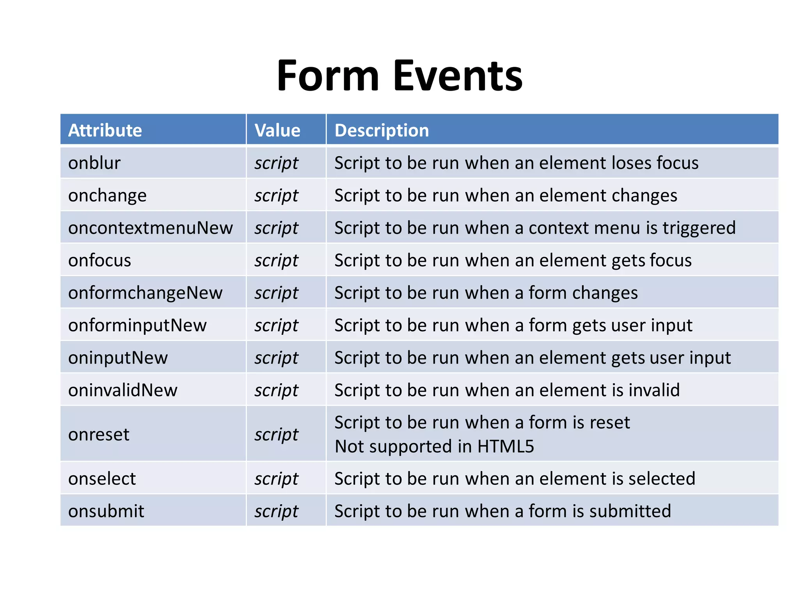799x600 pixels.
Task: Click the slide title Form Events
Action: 399,76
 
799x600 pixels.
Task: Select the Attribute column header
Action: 105,130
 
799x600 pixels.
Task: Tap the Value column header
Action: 277,130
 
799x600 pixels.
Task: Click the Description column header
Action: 382,130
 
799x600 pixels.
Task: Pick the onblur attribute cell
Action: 94,163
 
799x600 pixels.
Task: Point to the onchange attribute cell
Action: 107,195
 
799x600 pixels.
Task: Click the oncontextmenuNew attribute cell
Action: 151,228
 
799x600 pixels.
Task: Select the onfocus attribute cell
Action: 99,260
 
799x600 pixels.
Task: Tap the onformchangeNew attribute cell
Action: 145,293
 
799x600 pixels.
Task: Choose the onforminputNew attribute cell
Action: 137,325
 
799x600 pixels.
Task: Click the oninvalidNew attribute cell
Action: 123,390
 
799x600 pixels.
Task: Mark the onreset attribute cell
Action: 99,434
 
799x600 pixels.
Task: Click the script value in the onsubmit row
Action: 276,511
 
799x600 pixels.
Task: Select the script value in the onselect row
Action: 276,479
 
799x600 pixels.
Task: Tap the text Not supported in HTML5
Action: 434,446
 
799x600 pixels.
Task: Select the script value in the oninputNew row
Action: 276,357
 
